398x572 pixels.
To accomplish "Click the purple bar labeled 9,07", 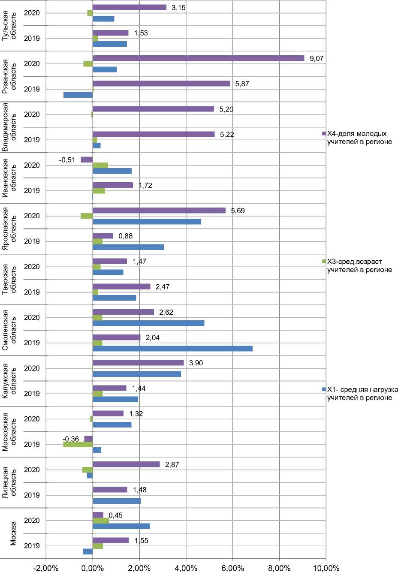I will [198, 58].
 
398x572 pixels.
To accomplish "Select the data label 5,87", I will [242, 84].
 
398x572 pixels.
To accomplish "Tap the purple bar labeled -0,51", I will [87, 160].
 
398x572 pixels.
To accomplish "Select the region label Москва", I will [13, 533].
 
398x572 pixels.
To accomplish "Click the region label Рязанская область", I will [9, 76].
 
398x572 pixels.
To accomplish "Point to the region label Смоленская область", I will [9, 330].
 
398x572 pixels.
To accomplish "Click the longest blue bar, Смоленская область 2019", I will [172, 349].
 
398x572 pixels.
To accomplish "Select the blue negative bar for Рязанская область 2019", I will [78, 95].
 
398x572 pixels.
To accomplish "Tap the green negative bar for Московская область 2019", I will [78, 445].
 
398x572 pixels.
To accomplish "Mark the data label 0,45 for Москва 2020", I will [115, 515].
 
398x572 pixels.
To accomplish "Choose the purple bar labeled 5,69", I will [159, 211].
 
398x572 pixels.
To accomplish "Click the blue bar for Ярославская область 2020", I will [147, 222].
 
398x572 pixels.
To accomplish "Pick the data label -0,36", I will [71, 439].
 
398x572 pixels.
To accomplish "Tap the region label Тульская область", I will [9, 26].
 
